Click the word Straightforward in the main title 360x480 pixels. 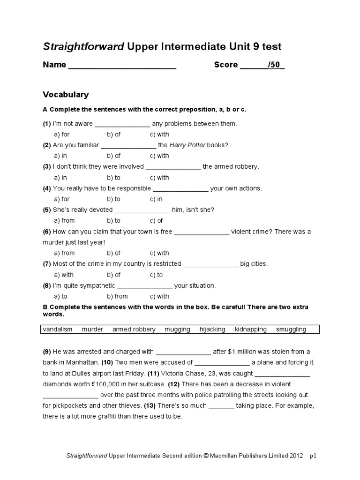pyautogui.click(x=83, y=46)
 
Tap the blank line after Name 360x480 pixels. pyautogui.click(x=122, y=66)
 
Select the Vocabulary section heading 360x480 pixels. pyautogui.click(x=66, y=95)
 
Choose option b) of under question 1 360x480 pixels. pyautogui.click(x=113, y=135)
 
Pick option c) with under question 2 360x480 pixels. pyautogui.click(x=159, y=156)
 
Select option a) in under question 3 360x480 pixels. pyautogui.click(x=60, y=178)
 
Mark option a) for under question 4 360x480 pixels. pyautogui.click(x=61, y=199)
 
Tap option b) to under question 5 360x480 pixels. pyautogui.click(x=113, y=221)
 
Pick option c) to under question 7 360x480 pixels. pyautogui.click(x=157, y=275)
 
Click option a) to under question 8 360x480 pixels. pyautogui.click(x=60, y=297)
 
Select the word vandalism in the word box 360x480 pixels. pyautogui.click(x=58, y=330)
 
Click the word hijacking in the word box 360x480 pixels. pyautogui.click(x=212, y=330)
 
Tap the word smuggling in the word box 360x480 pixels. pyautogui.click(x=291, y=330)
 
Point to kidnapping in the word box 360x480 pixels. pyautogui.click(x=251, y=330)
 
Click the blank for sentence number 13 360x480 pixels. pyautogui.click(x=221, y=406)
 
